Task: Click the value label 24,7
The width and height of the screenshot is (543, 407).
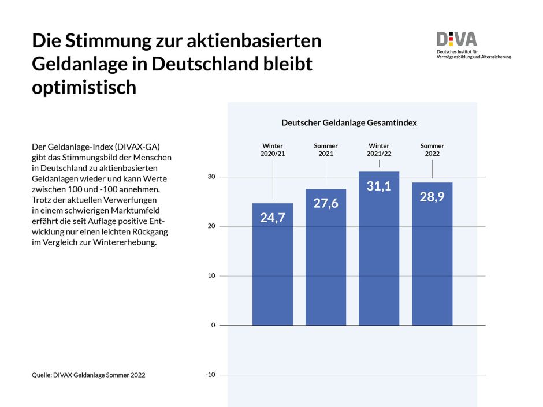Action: click(x=273, y=218)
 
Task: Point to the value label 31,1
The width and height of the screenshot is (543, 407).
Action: click(x=379, y=186)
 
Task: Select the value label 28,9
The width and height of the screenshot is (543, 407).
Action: click(x=432, y=196)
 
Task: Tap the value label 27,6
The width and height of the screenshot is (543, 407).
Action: click(x=326, y=203)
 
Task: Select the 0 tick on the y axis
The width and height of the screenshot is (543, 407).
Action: click(x=213, y=325)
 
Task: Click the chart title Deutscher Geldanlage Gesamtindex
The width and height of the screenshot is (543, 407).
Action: click(x=349, y=123)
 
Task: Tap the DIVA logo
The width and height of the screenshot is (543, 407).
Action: click(x=456, y=39)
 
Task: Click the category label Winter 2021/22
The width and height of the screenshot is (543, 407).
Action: click(x=379, y=150)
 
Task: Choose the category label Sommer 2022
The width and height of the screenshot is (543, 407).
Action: click(x=432, y=150)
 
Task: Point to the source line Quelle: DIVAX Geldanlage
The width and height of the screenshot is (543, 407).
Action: click(x=88, y=375)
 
